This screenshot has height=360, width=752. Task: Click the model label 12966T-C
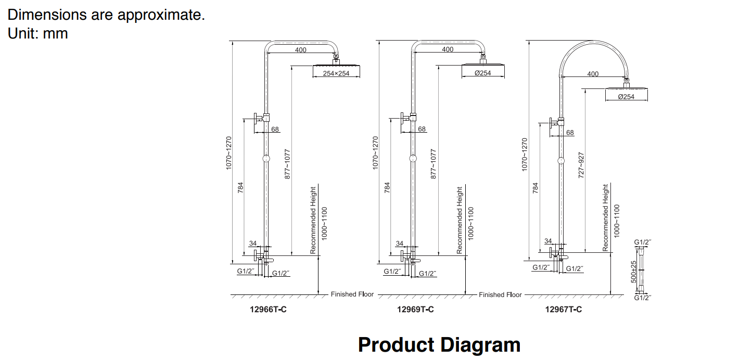coord(268,310)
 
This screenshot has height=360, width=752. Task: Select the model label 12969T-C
coord(415,310)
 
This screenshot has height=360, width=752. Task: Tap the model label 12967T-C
coord(564,310)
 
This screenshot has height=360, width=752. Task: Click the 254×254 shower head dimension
coord(336,73)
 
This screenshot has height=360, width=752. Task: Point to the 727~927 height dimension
coord(581,165)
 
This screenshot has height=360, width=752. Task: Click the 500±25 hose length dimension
coord(634,272)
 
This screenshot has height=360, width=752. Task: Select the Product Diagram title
coord(439,345)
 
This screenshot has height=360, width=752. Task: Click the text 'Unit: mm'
coord(38,33)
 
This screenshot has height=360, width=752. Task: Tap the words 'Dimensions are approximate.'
coord(106,15)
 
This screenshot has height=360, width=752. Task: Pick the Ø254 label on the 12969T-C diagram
coord(483,73)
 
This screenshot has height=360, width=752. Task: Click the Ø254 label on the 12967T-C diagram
coord(626,97)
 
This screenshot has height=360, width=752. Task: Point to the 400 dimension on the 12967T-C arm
coord(593,74)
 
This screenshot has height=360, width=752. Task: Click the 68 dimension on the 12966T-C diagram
coord(275,129)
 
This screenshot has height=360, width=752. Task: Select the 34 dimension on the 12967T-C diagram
coord(548,241)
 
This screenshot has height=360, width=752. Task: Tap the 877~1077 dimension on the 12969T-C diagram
coord(434,164)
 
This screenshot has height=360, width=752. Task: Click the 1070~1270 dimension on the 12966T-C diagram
coord(229,153)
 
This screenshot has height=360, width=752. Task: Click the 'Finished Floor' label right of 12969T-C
coord(500,294)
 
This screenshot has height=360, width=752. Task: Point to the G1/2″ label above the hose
coord(643,242)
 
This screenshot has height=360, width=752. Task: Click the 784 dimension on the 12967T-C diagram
coord(536,188)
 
